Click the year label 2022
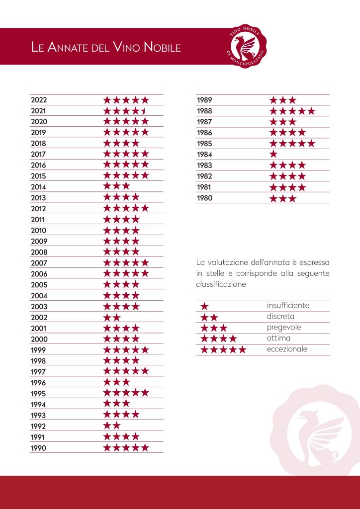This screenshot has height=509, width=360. point(39,100)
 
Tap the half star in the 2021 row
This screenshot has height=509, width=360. point(144,111)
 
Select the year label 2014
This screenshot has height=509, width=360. point(39,187)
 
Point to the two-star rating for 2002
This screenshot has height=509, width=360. point(112,318)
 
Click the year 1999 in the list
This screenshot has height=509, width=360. point(39,350)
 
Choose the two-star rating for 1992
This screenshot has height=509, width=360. point(112,425)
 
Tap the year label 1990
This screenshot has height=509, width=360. point(39,448)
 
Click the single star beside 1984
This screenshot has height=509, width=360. point(273,154)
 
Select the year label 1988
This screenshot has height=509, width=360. point(204,111)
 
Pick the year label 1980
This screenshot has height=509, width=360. point(204,198)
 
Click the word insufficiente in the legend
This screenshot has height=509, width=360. point(288,306)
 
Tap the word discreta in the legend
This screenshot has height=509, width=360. point(280,316)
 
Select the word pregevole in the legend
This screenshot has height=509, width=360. point(284,328)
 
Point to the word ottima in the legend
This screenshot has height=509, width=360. point(278,338)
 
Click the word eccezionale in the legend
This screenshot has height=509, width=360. point(287,349)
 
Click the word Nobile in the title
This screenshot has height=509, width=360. point(162,47)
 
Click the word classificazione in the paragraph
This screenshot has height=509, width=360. point(221,284)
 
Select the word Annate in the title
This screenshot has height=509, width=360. point(67,47)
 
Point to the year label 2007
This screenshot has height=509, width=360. point(39,263)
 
